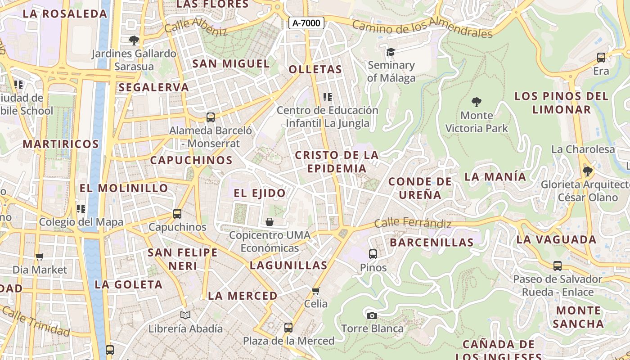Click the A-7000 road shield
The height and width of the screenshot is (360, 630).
click(306, 23)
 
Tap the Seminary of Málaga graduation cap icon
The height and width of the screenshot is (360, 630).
click(391, 52)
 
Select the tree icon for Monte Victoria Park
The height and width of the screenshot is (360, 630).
click(476, 102)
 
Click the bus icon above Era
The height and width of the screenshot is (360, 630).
click(601, 58)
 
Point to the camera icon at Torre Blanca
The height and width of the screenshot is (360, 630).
click(372, 315)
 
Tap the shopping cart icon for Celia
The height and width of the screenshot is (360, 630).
click(316, 291)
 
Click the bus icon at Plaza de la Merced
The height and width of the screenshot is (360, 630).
click(288, 328)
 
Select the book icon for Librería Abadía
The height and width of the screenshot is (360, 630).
click(185, 315)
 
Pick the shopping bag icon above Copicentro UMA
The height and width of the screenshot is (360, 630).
click(270, 221)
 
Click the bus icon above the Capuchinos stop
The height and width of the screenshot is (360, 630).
click(177, 214)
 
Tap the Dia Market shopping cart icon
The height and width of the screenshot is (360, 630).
click(40, 256)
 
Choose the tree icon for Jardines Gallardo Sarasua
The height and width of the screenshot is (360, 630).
click(134, 40)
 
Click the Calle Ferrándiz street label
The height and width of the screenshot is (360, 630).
click(413, 223)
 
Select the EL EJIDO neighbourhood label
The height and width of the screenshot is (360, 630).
click(260, 193)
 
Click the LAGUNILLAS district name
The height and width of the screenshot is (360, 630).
click(288, 265)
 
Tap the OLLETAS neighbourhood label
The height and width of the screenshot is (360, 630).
click(315, 70)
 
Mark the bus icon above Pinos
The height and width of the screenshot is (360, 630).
click(373, 254)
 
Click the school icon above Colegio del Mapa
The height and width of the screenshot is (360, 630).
click(81, 208)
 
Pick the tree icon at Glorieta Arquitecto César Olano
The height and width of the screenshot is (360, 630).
click(587, 171)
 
